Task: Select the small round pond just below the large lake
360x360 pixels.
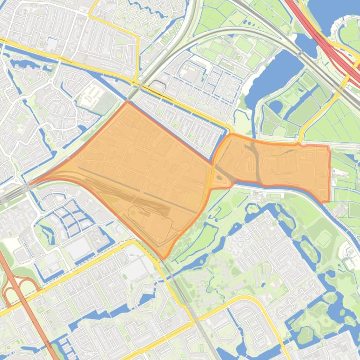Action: click(x=275, y=107)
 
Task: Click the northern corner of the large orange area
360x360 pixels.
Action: click(x=127, y=101)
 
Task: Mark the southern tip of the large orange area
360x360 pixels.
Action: click(x=164, y=258)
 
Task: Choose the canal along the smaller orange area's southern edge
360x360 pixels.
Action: click(x=281, y=187)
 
